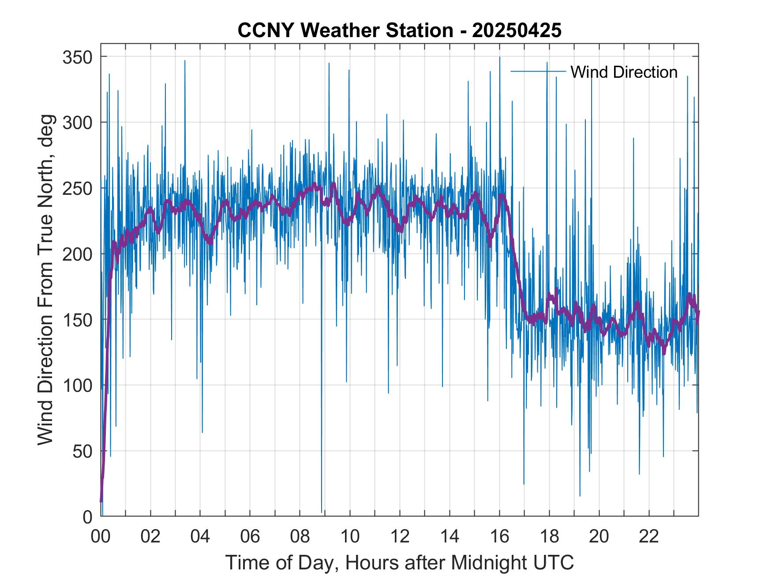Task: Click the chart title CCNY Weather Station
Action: coord(345,30)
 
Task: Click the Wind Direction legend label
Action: coord(624,72)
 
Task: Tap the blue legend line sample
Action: coord(538,71)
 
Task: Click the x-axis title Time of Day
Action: coord(400,563)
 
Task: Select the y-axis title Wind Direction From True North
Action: coord(45,280)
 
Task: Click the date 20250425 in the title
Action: coord(517,30)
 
